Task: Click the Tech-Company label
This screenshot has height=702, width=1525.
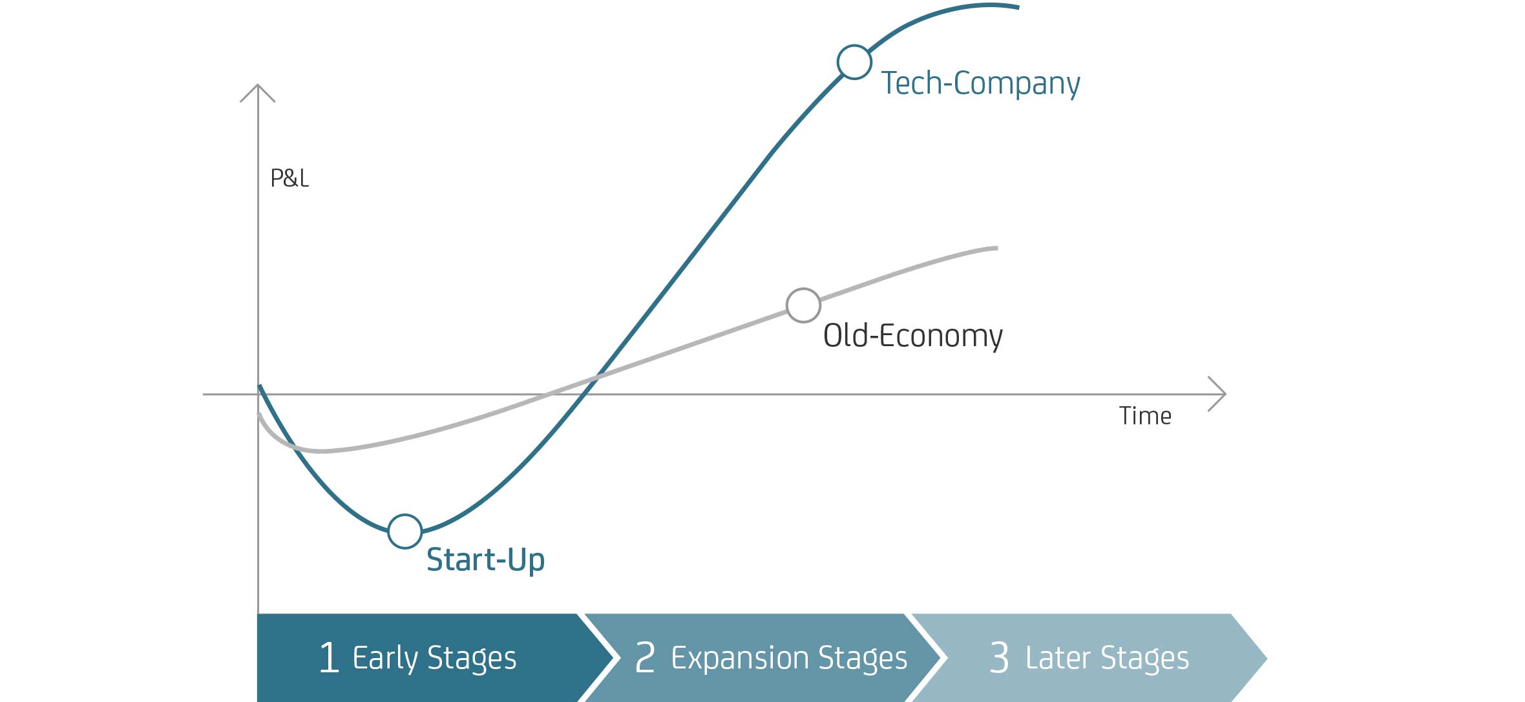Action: pyautogui.click(x=980, y=84)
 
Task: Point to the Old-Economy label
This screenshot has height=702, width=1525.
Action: pyautogui.click(x=912, y=336)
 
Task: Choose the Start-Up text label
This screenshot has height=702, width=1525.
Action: pyautogui.click(x=485, y=559)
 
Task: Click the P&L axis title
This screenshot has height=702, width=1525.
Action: pyautogui.click(x=289, y=178)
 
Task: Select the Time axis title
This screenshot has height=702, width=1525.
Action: pyautogui.click(x=1145, y=416)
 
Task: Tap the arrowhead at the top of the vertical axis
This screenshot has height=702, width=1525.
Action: pyautogui.click(x=258, y=85)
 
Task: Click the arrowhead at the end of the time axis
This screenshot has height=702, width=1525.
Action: pyautogui.click(x=1225, y=393)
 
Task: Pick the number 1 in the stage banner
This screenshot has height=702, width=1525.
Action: pyautogui.click(x=329, y=657)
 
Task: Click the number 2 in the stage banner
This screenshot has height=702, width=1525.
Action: pyautogui.click(x=645, y=657)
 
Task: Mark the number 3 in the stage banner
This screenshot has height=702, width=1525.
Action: pyautogui.click(x=999, y=657)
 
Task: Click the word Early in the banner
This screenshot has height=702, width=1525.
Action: pyautogui.click(x=385, y=659)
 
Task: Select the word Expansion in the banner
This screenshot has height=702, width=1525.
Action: pyautogui.click(x=740, y=659)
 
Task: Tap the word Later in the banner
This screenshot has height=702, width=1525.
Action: pyautogui.click(x=1058, y=657)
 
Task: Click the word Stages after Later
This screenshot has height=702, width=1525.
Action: pyautogui.click(x=1144, y=659)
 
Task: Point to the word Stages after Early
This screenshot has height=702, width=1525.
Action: pyautogui.click(x=472, y=659)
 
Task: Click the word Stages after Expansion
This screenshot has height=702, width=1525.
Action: pyautogui.click(x=863, y=659)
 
